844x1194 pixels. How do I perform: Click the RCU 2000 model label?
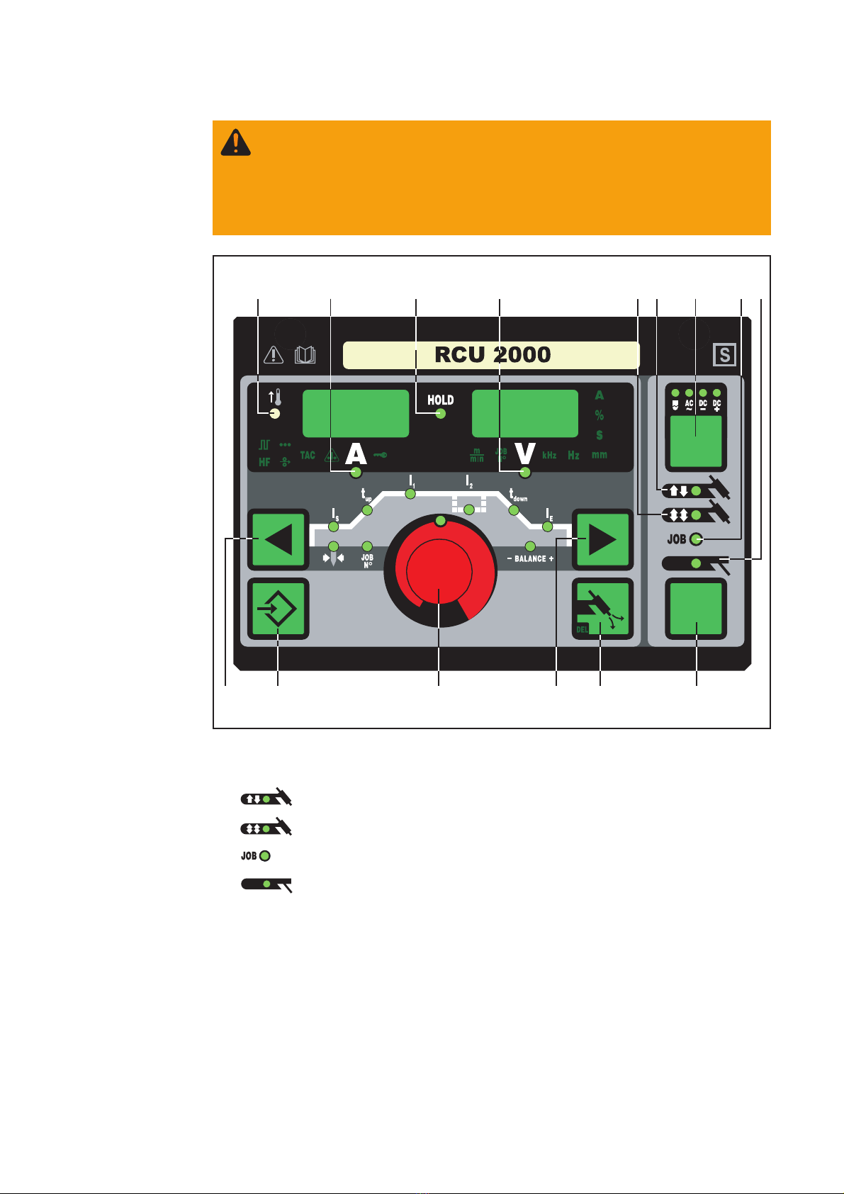(492, 355)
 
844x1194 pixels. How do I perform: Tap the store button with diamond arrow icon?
(278, 609)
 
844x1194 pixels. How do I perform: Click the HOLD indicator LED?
(440, 415)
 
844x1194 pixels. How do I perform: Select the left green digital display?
(356, 413)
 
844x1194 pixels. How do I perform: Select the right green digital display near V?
(525, 413)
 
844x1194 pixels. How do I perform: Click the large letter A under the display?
(356, 454)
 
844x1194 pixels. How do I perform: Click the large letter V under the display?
(524, 454)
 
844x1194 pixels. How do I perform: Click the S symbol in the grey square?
(725, 354)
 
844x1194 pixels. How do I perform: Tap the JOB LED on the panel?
(696, 540)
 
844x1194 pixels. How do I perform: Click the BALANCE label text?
(530, 559)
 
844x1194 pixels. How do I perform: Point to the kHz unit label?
(549, 456)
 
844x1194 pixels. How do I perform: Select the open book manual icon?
(305, 355)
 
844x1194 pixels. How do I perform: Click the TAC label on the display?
(308, 456)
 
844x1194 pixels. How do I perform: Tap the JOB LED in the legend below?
(265, 856)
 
